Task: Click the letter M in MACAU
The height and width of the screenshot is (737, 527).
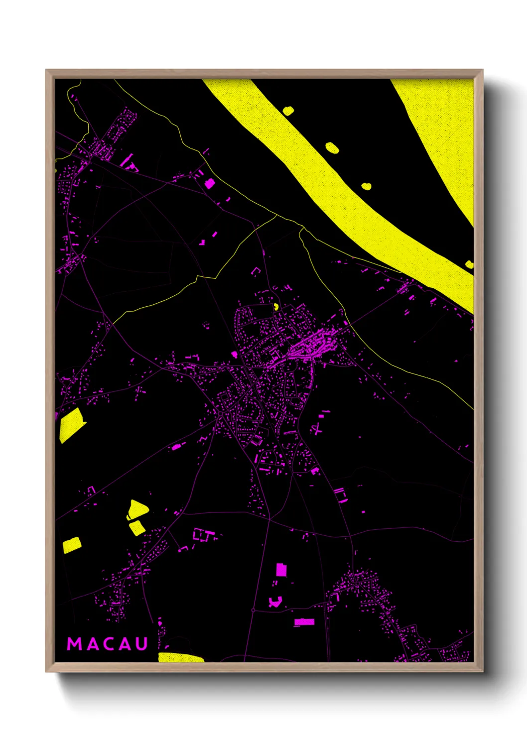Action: point(75,644)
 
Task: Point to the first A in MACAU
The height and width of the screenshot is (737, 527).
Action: point(92,644)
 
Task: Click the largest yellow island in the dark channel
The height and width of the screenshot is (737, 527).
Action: point(332,147)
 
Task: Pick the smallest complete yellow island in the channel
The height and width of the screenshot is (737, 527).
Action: point(366,186)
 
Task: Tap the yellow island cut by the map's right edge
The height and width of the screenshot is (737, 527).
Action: point(469,264)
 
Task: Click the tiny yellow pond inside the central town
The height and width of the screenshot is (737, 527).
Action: point(275,307)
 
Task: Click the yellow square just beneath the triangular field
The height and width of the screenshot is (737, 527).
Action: point(136,527)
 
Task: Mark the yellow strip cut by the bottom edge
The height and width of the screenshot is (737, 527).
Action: point(180,658)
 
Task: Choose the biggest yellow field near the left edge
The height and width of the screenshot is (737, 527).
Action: point(71,424)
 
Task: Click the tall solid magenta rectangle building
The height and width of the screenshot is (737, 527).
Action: point(281,570)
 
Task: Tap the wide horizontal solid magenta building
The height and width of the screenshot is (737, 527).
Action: point(304,622)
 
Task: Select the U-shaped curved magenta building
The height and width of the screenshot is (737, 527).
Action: point(275,602)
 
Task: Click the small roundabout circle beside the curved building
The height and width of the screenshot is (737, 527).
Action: point(253,610)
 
